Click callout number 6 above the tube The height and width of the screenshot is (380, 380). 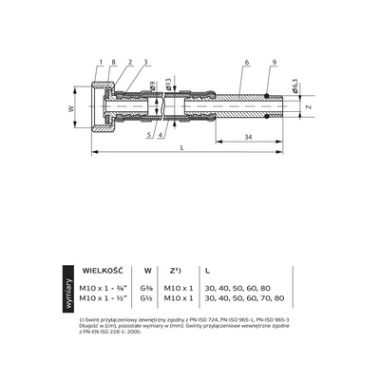tap(245, 62)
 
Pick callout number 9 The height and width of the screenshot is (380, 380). tap(274, 62)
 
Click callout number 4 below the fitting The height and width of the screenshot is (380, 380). tap(159, 135)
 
